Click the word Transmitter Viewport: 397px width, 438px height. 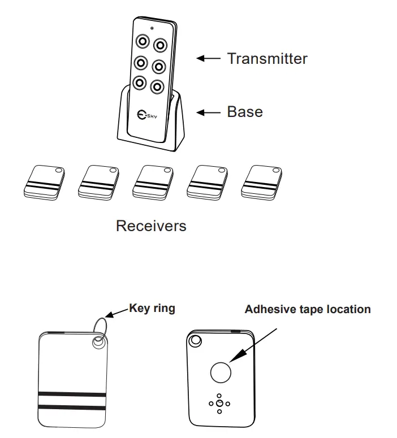267,58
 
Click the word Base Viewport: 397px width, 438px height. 244,111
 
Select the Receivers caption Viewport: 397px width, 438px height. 151,226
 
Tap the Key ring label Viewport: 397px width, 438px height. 152,308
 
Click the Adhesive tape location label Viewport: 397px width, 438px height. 307,309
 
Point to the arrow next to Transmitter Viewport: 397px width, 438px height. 208,58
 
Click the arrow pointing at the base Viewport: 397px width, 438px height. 208,112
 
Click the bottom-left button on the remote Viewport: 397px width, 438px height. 139,83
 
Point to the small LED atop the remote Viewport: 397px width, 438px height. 152,28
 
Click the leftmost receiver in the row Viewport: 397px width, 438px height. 44,182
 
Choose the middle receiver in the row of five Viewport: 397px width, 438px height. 153,182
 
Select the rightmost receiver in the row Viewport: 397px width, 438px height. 261,182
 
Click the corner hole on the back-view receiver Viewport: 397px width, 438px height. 196,341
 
